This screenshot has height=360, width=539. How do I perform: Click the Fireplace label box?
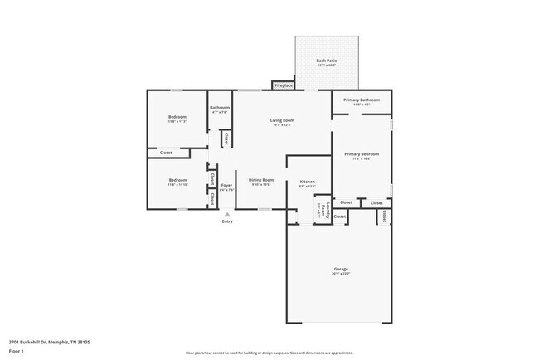pos(284,85)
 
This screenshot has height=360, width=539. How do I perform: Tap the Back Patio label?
pos(325,61)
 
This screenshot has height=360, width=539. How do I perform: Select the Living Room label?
pos(282,120)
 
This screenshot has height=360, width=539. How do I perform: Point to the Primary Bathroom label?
pos(362,100)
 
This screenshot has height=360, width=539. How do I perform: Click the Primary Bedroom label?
pos(362,153)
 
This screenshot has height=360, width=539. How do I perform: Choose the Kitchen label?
pos(307,182)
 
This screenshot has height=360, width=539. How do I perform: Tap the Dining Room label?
pos(261,180)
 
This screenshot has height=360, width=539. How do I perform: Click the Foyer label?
pos(226,186)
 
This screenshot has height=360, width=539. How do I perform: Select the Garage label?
pos(341,269)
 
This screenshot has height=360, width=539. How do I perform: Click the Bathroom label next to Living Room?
pos(220,107)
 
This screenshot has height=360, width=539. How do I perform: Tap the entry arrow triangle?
pos(227,214)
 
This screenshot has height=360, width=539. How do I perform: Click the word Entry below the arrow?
pos(227,221)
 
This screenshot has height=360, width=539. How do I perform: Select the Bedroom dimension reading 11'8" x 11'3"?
pos(177,122)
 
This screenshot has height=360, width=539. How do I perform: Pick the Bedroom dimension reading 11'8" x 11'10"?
pos(177,185)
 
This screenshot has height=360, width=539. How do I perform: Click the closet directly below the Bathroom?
pos(226,139)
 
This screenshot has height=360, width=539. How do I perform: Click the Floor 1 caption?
pos(17,351)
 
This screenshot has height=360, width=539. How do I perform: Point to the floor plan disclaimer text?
pos(269,353)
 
